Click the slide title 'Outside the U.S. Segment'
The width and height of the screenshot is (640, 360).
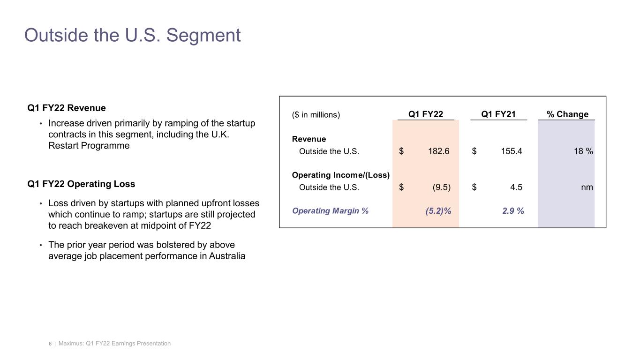pyautogui.click(x=132, y=36)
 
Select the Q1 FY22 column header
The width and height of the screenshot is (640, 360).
pyautogui.click(x=425, y=114)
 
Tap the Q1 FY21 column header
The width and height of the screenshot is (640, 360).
pyautogui.click(x=498, y=114)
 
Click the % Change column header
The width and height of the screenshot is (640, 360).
pyautogui.click(x=567, y=114)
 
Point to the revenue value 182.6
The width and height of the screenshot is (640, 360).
pyautogui.click(x=439, y=151)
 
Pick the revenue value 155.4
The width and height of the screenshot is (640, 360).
pyautogui.click(x=512, y=151)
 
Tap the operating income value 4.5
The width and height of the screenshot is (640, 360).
pyautogui.click(x=516, y=187)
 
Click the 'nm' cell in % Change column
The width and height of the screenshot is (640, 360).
pyautogui.click(x=587, y=187)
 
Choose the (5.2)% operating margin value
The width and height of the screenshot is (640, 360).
pyautogui.click(x=438, y=211)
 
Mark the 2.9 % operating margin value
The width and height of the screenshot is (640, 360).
pyautogui.click(x=513, y=211)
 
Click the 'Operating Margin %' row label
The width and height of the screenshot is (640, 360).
pyautogui.click(x=330, y=211)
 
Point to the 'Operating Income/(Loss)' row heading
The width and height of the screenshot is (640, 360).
pyautogui.click(x=340, y=175)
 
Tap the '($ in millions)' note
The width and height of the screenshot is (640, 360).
pyautogui.click(x=316, y=115)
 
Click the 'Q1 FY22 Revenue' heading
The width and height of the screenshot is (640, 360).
pyautogui.click(x=67, y=108)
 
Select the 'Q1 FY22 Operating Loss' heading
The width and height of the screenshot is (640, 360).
pyautogui.click(x=81, y=184)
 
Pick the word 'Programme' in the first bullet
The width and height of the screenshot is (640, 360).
pyautogui.click(x=107, y=146)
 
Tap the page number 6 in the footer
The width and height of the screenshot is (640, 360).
pyautogui.click(x=50, y=344)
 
